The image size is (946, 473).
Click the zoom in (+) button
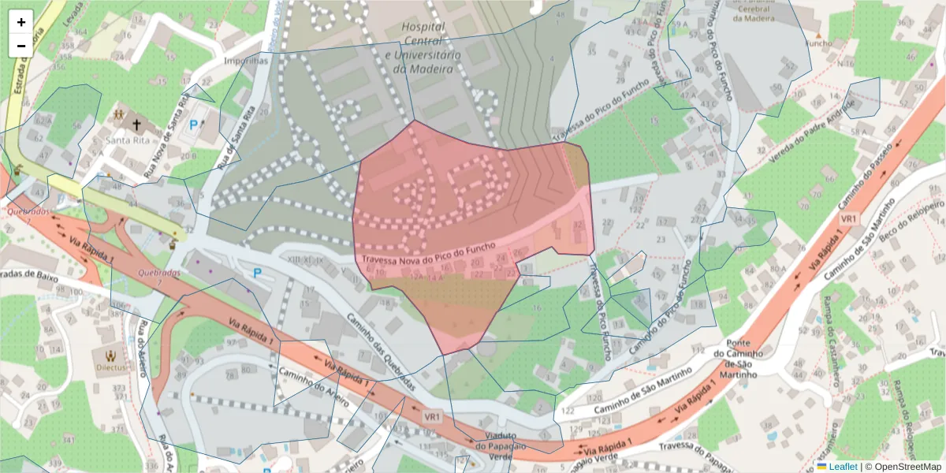coord(20,22)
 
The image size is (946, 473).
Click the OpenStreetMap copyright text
coord(903,467)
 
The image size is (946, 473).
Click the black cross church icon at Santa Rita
coord(136,125)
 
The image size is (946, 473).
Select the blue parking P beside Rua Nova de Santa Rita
coord(195,124)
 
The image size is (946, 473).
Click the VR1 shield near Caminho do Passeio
coord(848,218)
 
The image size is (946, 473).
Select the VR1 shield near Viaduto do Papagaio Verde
coord(432,416)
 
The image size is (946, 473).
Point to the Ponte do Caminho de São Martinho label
coord(736,359)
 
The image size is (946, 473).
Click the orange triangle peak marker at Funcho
coord(818,36)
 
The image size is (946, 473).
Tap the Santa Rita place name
coord(127,140)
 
